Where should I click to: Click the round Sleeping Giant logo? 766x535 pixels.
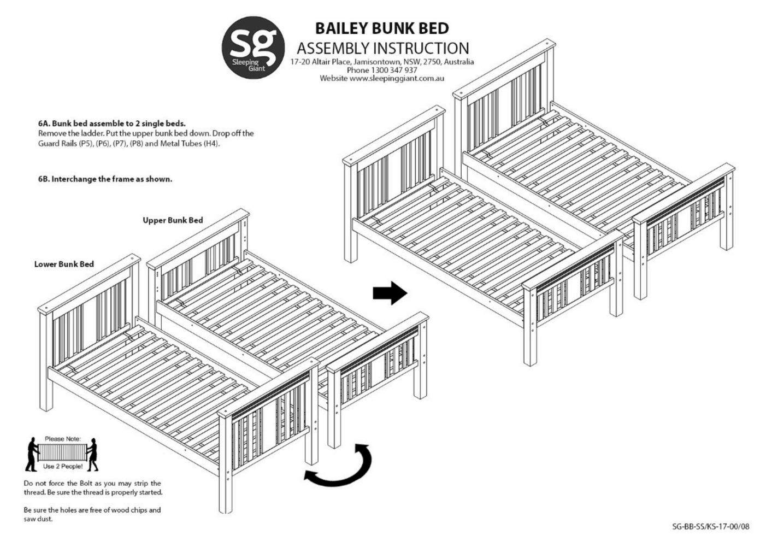(x=253, y=48)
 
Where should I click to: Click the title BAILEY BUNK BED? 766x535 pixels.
(x=382, y=28)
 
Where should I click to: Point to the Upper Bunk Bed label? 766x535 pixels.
(x=173, y=220)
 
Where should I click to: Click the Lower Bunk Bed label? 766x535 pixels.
(x=64, y=264)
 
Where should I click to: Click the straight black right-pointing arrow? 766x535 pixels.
(x=390, y=293)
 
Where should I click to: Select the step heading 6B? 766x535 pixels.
(x=105, y=179)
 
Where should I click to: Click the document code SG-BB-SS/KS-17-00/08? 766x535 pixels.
(x=711, y=526)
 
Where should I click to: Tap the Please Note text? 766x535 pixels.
(x=62, y=438)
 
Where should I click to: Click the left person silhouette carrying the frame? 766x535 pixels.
(x=32, y=455)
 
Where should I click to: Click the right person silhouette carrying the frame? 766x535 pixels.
(x=93, y=455)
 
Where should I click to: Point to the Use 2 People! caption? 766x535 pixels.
(x=63, y=466)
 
